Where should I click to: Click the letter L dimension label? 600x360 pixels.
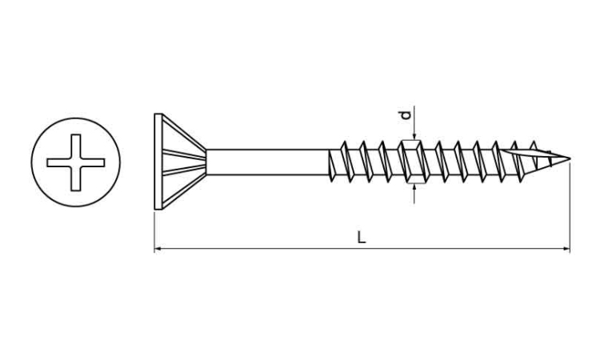click(x=362, y=237)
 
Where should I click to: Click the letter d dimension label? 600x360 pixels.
click(x=406, y=115)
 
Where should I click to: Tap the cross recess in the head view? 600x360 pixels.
click(x=76, y=162)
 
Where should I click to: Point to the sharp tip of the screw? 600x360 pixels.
click(x=570, y=158)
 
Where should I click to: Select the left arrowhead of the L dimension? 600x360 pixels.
click(x=157, y=249)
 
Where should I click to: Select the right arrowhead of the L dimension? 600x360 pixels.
click(x=566, y=249)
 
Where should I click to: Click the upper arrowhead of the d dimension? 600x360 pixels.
click(x=414, y=137)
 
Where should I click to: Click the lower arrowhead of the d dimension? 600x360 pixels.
click(x=414, y=187)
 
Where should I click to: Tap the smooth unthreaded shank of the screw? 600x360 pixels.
click(x=267, y=162)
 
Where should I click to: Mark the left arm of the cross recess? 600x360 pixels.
click(x=59, y=162)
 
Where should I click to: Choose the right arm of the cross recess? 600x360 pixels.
click(x=93, y=162)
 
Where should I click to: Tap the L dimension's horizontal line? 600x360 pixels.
click(x=362, y=249)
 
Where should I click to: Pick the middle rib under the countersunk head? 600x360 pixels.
click(x=185, y=162)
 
